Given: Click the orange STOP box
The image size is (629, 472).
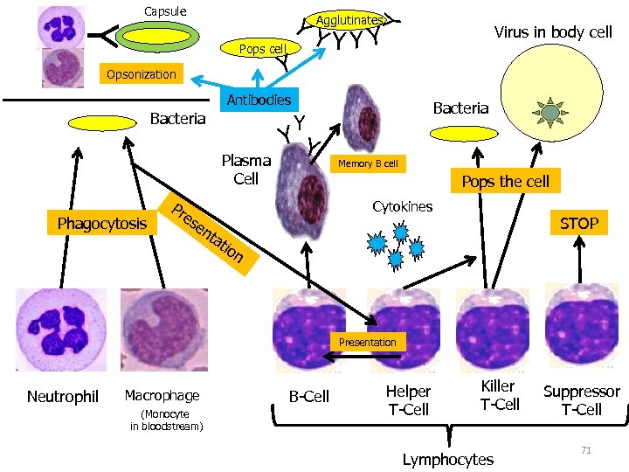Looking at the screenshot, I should [x=578, y=223].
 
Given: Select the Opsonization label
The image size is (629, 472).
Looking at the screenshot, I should [x=141, y=74].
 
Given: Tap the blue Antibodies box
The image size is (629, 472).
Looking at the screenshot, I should [x=259, y=100].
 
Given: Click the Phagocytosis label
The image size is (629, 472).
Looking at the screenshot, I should [x=101, y=224].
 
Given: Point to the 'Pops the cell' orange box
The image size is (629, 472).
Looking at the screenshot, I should [x=505, y=182].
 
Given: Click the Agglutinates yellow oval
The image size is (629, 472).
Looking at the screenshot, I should [x=349, y=20].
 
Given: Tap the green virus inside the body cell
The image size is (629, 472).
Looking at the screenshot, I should [x=550, y=112].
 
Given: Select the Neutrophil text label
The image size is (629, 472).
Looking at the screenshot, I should [x=63, y=397].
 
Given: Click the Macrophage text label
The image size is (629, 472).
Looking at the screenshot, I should [x=162, y=396].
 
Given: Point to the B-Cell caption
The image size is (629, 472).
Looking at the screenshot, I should [x=309, y=397].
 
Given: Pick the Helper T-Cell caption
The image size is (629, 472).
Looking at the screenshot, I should [x=408, y=400].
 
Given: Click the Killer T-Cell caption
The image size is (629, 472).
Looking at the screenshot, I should [x=500, y=395].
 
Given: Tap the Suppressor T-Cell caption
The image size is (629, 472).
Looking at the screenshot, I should [x=581, y=400].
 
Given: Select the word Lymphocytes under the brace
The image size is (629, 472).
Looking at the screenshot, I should [x=447, y=459].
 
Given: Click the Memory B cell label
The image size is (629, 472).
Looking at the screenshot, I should [x=368, y=163].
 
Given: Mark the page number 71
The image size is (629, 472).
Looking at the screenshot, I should [x=586, y=450].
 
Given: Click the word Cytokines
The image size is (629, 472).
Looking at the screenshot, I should [x=402, y=207].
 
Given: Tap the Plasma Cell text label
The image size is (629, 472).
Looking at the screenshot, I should [x=245, y=170].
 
